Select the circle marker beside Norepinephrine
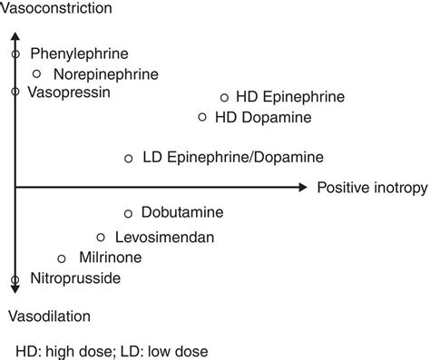pos(37,73)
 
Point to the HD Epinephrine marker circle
pos(224,97)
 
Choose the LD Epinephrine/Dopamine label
pos(232,158)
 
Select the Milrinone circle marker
pos(62,258)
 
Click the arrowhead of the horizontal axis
pos(302,188)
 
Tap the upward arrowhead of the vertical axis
pos(15,38)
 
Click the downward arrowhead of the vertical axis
pos(15,289)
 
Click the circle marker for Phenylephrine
pos(15,54)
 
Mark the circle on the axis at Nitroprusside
pos(15,279)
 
